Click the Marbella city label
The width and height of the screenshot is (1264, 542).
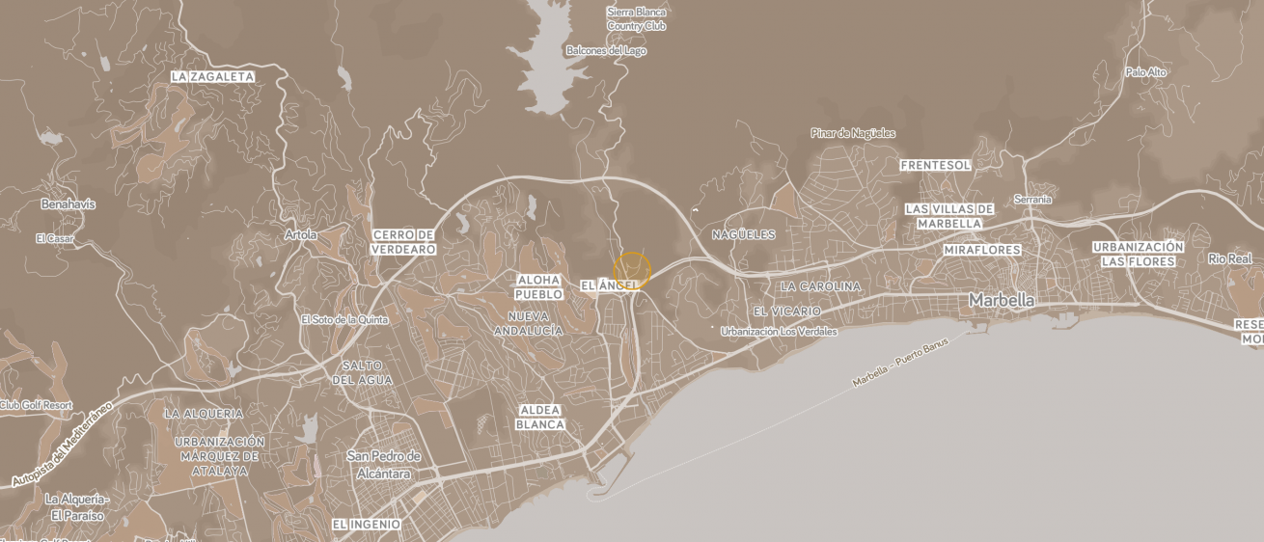tap(1001, 301)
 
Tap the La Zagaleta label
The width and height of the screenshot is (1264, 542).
tap(212, 76)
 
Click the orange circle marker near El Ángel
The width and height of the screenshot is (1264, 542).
tap(632, 270)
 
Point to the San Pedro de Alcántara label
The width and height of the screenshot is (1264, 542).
tap(384, 465)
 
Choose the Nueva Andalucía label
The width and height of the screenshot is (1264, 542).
tap(528, 323)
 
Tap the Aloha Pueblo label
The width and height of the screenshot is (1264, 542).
tap(537, 286)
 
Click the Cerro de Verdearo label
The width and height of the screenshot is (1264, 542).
tap(404, 242)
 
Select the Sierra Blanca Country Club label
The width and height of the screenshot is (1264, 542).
tap(637, 18)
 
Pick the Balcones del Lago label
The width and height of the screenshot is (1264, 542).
tap(606, 50)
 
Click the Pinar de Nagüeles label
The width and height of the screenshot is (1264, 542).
tap(853, 133)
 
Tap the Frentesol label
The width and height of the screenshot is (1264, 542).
tap(935, 165)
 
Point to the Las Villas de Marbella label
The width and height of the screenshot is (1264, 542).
tap(948, 216)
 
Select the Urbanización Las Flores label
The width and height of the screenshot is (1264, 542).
tap(1139, 254)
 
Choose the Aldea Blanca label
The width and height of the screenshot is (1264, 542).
tap(539, 417)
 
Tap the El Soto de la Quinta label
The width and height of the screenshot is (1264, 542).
tap(344, 319)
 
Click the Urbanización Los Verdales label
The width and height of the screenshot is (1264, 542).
tap(779, 331)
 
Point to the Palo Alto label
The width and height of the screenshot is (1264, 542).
tap(1145, 72)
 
